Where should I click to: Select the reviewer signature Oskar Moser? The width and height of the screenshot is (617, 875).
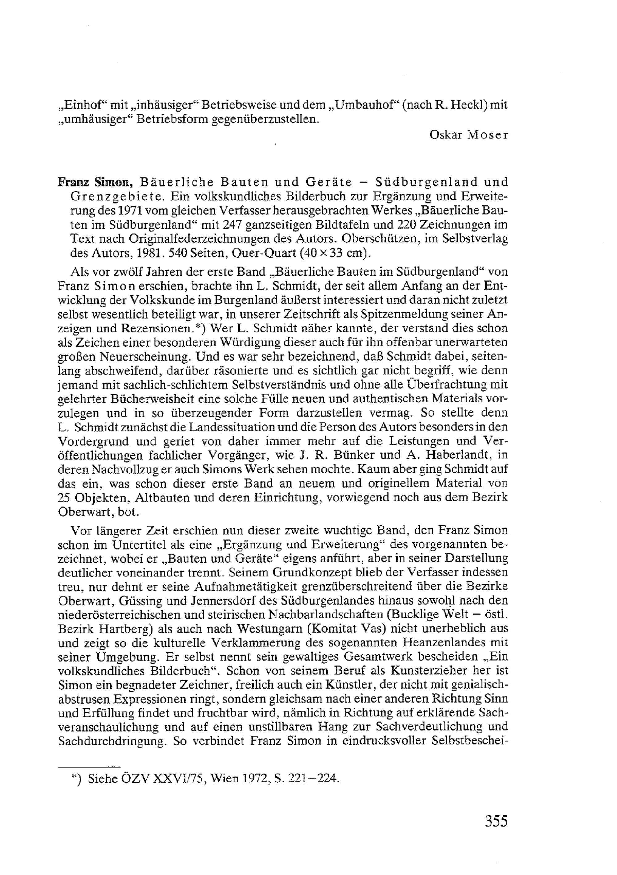(468, 135)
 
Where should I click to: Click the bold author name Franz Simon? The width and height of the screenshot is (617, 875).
(95, 182)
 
